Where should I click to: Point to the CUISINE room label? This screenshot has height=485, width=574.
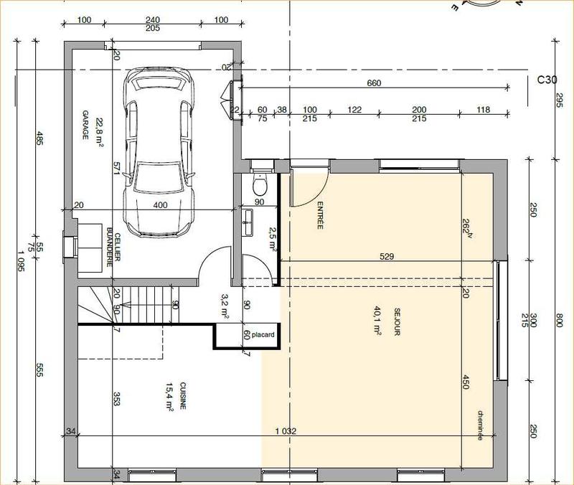tap(183, 395)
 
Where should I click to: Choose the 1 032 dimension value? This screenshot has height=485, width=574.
tap(286, 431)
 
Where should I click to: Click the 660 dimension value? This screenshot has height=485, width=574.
tap(374, 83)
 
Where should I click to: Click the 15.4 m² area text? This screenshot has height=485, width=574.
tap(168, 395)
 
